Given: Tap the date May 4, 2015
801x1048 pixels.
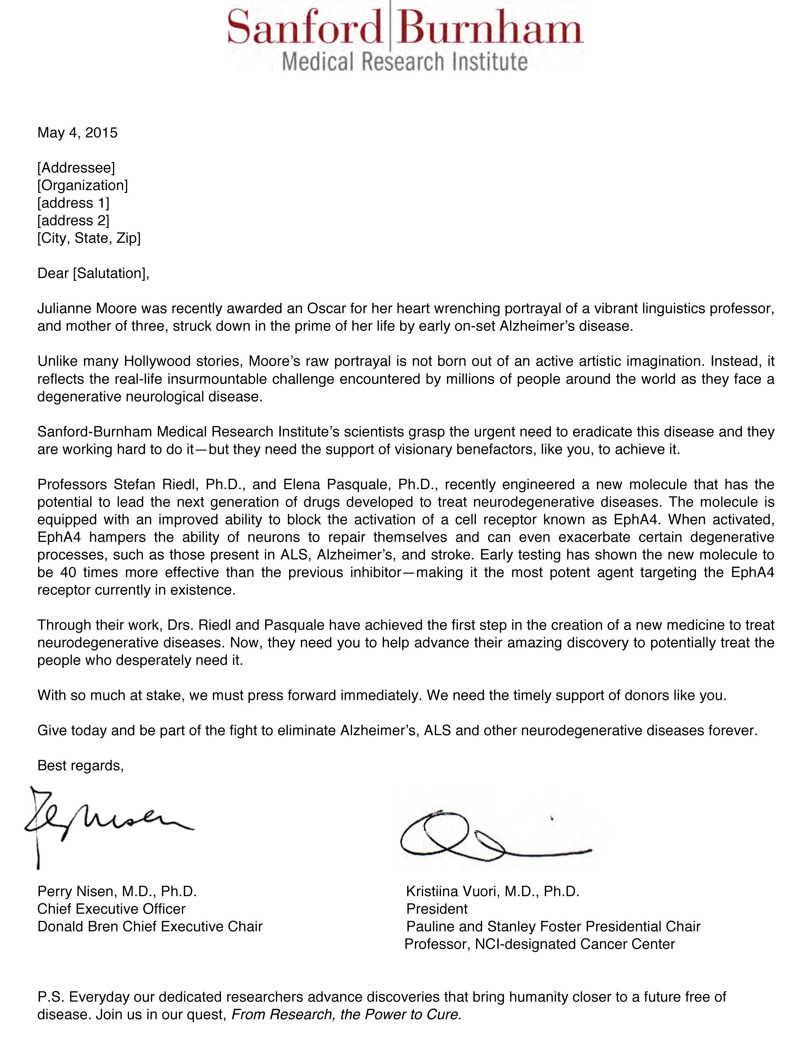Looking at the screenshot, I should pos(77,132).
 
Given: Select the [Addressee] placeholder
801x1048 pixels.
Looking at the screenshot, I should pos(76,168).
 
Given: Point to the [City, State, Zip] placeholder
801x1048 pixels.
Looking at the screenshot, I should pos(89,238).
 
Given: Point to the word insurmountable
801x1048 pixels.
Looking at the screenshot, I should pos(224,379).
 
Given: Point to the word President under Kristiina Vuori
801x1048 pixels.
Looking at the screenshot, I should pos(437,909).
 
